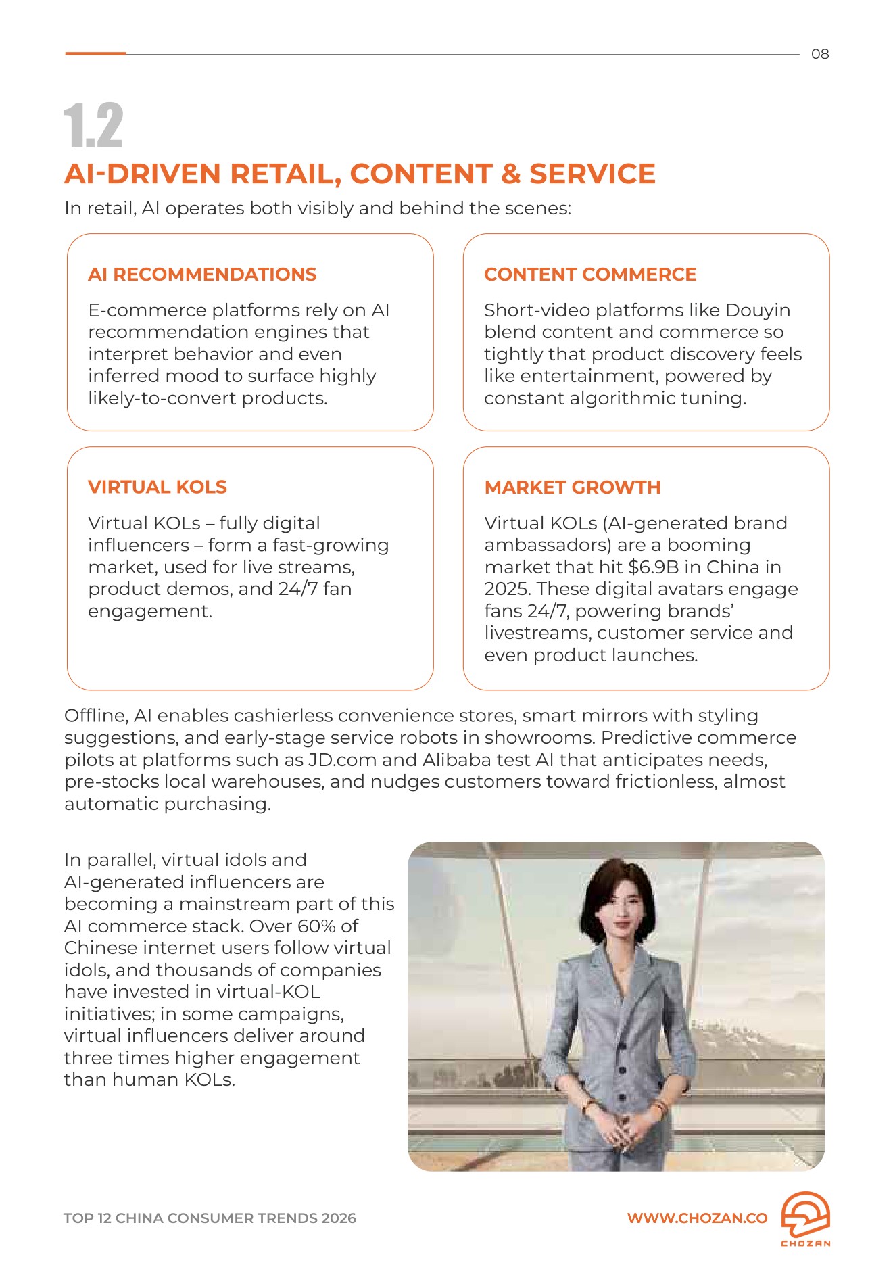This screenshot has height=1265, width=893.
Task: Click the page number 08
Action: pyautogui.click(x=819, y=54)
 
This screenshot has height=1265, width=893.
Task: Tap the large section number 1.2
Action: pyautogui.click(x=93, y=126)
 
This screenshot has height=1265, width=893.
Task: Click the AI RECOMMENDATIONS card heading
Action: pyautogui.click(x=202, y=275)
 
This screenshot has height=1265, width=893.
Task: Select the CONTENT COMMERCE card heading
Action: pyautogui.click(x=590, y=275)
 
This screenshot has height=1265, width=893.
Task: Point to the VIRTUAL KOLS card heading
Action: pyautogui.click(x=158, y=487)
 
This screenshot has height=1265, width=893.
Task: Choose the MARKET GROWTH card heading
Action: pyautogui.click(x=573, y=487)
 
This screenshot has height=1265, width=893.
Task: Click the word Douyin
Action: pyautogui.click(x=758, y=310)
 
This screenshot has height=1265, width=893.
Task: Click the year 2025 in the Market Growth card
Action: pyautogui.click(x=507, y=589)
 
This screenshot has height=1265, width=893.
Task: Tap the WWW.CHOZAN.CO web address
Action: pyautogui.click(x=697, y=1218)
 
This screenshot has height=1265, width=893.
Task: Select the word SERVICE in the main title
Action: pyautogui.click(x=592, y=174)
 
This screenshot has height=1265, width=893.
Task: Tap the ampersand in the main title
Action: pyautogui.click(x=510, y=174)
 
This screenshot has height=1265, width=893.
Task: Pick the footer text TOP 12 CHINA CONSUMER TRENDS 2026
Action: pyautogui.click(x=210, y=1218)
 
